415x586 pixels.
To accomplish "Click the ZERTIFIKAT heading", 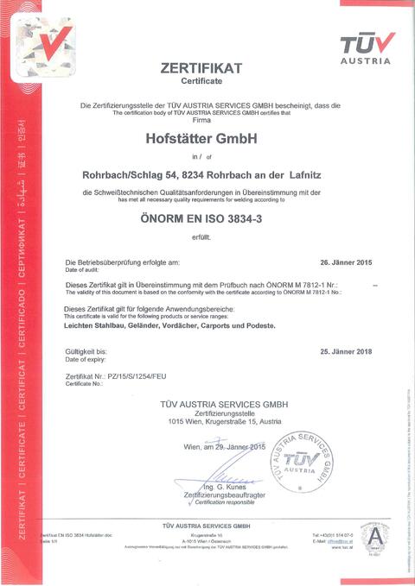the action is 201,67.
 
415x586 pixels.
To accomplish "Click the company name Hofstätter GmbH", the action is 202,137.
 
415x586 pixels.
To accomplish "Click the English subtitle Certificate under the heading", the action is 201,80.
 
